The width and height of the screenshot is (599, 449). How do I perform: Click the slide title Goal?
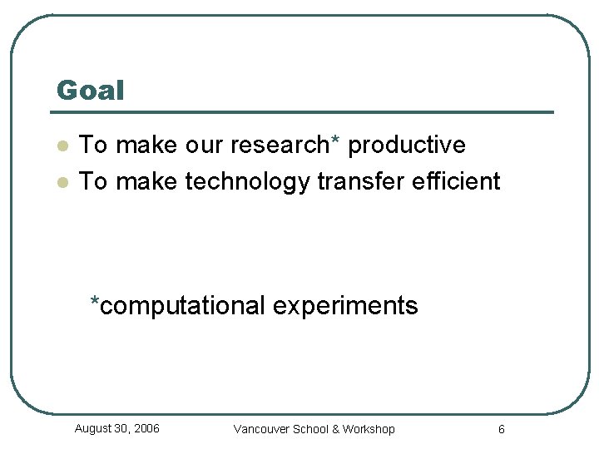click(x=90, y=90)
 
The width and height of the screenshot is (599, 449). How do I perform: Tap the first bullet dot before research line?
click(x=61, y=146)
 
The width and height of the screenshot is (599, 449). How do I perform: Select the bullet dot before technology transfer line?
click(x=61, y=182)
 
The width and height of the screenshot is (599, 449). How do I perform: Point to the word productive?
click(x=406, y=145)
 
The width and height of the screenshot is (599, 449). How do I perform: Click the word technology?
click(x=247, y=181)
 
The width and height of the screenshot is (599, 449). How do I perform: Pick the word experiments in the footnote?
click(x=344, y=306)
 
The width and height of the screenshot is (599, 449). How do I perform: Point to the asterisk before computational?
click(x=96, y=301)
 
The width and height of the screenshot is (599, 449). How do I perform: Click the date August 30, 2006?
click(x=116, y=428)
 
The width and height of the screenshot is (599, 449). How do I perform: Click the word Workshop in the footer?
click(x=369, y=429)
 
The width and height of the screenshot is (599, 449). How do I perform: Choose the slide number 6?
click(x=501, y=429)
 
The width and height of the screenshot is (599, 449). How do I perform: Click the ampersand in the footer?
click(x=335, y=429)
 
